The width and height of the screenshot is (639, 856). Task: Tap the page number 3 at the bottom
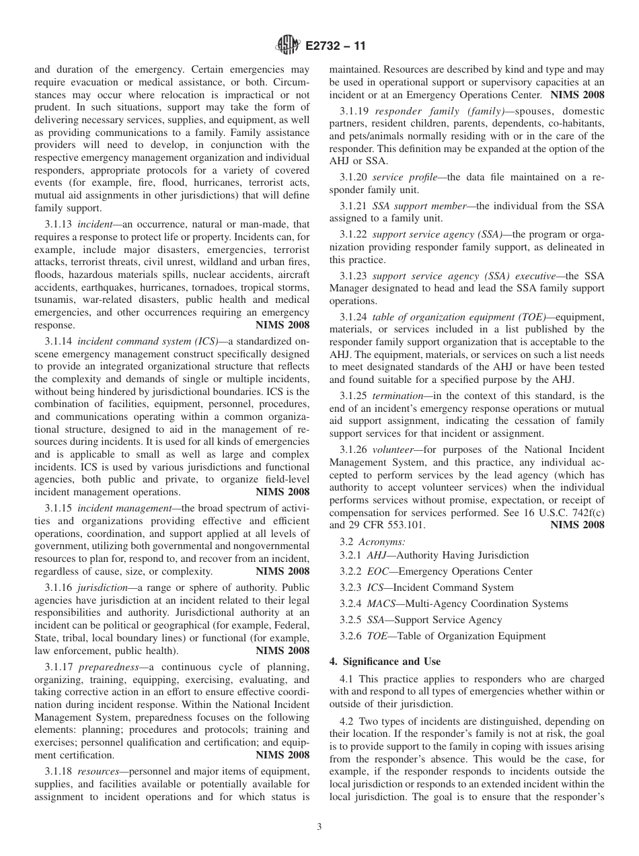point(319,827)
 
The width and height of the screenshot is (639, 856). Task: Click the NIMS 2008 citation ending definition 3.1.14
point(283,492)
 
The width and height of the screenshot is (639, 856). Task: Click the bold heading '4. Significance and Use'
point(385,662)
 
